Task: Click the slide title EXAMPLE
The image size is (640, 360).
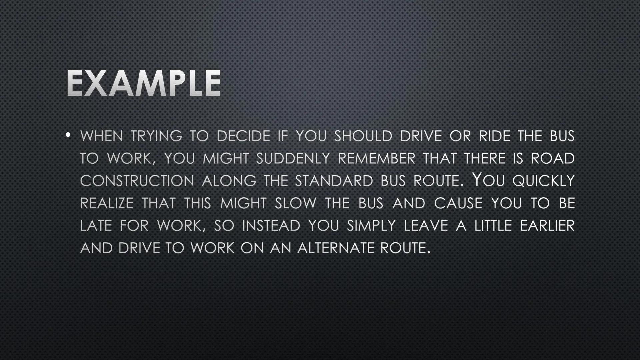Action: (144, 83)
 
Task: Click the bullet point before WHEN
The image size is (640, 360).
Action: (68, 135)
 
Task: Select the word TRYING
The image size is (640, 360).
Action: (156, 136)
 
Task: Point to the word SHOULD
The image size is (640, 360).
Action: (363, 136)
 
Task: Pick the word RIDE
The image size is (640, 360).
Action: (495, 136)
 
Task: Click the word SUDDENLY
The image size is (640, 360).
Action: (293, 158)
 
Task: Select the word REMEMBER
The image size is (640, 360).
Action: (377, 158)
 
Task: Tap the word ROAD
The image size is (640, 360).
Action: (553, 158)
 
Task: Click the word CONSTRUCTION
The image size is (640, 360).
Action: (137, 181)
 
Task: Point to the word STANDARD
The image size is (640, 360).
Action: (334, 181)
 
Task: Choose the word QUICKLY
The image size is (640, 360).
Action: (544, 181)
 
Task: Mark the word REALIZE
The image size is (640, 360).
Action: (107, 203)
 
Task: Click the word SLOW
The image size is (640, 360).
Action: (296, 203)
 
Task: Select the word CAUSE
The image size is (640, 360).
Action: (458, 203)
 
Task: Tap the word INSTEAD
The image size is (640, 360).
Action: (271, 226)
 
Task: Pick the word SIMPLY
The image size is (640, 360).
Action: (371, 226)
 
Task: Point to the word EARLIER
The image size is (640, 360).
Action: (547, 226)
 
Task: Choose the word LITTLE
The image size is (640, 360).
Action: (493, 226)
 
